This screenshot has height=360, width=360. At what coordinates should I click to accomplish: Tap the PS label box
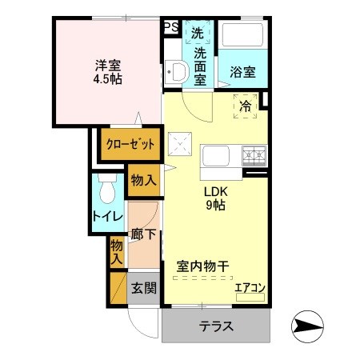pos(170,27)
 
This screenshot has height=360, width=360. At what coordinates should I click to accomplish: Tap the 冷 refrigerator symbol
pos(245,105)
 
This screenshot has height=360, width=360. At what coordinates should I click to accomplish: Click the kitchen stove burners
pos(255,154)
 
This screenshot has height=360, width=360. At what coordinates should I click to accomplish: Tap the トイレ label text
pos(106,216)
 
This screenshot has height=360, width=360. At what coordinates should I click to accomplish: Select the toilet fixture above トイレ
pos(106,189)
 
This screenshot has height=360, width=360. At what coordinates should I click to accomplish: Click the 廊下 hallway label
pos(145,237)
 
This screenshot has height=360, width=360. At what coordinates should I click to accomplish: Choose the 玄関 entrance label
pos(144,288)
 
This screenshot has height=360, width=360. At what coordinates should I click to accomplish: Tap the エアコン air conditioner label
pos(250,289)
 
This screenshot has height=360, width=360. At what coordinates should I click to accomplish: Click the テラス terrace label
pos(216,326)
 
